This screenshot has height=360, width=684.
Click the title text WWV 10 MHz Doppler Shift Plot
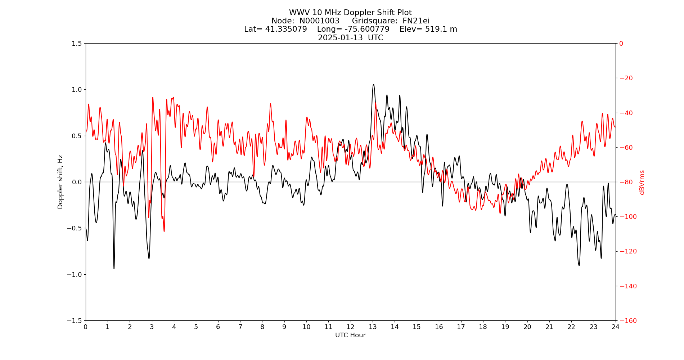350,13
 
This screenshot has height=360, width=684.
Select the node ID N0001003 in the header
319,21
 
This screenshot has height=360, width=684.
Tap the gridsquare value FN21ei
416,21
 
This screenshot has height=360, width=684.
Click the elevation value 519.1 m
441,29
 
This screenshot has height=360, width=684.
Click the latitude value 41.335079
286,29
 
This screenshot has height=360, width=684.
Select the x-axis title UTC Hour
350,335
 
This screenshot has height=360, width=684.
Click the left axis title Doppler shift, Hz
60,182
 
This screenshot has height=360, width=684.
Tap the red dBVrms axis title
642,182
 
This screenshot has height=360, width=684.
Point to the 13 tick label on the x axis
373,327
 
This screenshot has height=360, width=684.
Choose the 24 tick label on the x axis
616,327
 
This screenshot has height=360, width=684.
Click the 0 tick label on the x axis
86,327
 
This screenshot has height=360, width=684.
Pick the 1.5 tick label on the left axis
77,44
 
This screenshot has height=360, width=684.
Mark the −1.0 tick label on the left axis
75,274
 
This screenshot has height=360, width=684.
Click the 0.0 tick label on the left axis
77,182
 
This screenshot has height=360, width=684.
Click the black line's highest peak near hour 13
373,85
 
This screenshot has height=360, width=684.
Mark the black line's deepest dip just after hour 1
114,269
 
